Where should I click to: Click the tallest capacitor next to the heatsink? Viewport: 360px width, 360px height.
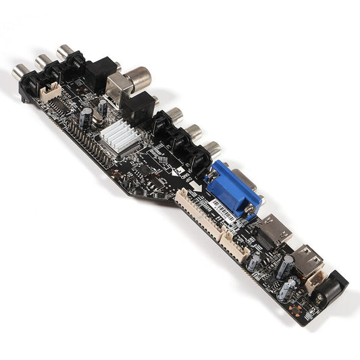86,118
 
